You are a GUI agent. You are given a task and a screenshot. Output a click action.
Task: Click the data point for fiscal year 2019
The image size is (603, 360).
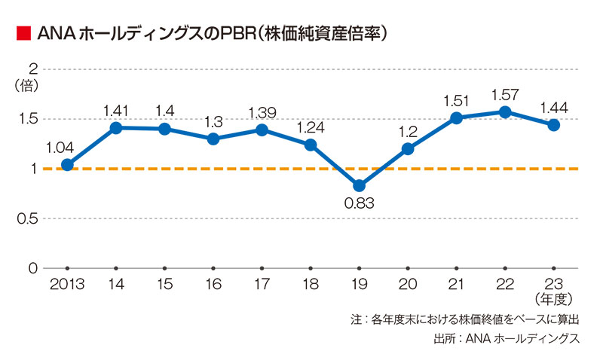coord(359,185)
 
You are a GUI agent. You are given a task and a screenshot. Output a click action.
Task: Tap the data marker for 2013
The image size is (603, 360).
coord(67,164)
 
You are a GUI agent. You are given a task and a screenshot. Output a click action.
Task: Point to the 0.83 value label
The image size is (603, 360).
coord(359,203)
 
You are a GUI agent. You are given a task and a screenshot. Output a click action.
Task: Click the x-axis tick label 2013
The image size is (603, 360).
coord(67,284)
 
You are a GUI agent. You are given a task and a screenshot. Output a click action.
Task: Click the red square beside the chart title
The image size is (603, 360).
coord(22,33)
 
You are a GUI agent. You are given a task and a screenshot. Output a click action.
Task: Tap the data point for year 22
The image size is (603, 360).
coord(505,112)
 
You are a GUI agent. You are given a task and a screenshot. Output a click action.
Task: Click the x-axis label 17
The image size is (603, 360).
coord(262,284)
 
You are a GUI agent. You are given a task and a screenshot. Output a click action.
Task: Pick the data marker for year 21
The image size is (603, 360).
coord(456,118)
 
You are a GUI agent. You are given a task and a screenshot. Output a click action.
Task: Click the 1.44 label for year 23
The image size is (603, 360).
coord(554,107)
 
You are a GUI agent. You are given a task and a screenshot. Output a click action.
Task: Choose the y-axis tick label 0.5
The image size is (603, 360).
coord(28,218)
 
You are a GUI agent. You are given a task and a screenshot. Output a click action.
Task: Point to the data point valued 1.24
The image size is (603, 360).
coord(310,145)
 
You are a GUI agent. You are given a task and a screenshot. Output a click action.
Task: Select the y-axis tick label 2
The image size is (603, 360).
coord(33,69)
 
